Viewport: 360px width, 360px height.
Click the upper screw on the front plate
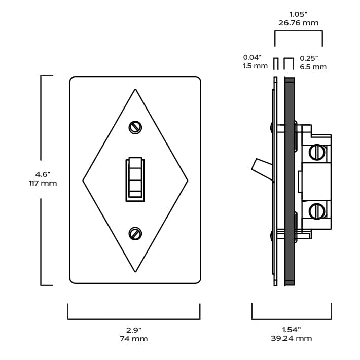point(135,127)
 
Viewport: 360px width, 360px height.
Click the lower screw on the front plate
point(135,234)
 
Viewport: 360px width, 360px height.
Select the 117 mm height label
point(43,183)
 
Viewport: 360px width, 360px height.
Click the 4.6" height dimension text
point(43,174)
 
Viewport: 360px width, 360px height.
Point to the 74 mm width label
point(134,339)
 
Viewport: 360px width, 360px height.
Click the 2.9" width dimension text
point(134,330)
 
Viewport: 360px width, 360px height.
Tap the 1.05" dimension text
point(298,14)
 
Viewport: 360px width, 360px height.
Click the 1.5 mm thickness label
point(255,66)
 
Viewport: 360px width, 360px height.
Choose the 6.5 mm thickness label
point(313,67)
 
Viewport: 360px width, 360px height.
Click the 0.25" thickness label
point(309,58)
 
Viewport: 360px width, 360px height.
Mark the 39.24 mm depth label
point(291,338)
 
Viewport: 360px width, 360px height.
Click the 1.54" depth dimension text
point(291,330)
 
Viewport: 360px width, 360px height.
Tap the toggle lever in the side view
point(261,168)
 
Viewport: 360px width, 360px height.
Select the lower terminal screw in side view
point(316,210)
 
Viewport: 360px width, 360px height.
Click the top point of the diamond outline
point(135,90)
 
